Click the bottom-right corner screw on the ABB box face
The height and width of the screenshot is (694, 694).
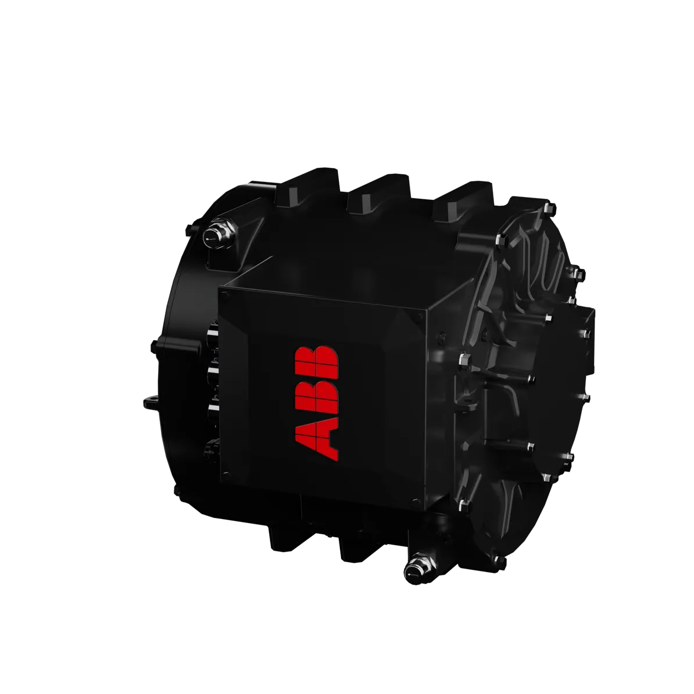point(413,503)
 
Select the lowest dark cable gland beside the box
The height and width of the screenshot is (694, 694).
point(210,450)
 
